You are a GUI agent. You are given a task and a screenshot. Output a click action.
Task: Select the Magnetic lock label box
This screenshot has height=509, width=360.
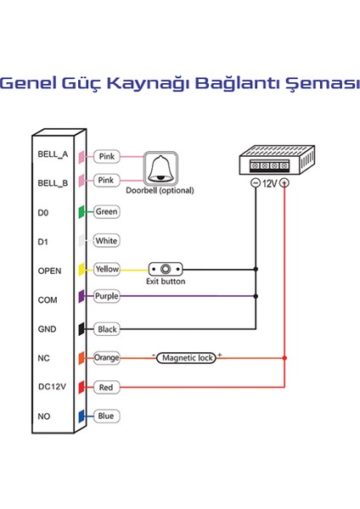187,358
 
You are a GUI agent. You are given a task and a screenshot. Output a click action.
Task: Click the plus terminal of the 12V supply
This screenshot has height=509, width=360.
284,183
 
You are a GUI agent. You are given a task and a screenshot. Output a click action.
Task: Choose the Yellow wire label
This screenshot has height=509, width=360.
107,269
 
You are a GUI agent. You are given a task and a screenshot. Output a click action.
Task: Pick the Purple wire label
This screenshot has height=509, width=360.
107,297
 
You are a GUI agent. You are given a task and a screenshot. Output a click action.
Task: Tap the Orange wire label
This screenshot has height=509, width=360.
107,358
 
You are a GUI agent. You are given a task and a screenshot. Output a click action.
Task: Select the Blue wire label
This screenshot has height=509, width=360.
105,416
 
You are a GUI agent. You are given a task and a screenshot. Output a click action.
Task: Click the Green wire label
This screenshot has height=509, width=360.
106,211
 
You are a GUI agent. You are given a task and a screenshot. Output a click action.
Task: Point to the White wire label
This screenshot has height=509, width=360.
106,240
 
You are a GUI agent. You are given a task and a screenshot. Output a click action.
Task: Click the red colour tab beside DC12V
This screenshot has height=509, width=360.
82,387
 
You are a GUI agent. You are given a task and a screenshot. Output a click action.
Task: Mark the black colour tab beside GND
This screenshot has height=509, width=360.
82,328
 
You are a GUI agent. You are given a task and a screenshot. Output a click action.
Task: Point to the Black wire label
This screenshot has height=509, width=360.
106,328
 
